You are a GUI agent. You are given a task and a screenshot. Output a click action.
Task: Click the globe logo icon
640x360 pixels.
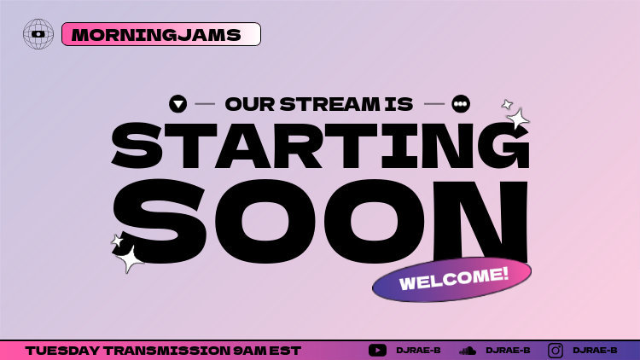(38, 34)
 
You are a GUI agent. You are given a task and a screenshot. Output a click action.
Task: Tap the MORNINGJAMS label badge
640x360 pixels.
(161, 34)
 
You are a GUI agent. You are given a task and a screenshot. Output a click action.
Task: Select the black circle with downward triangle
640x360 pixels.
(177, 104)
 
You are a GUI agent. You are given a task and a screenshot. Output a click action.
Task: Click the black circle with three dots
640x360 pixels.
(461, 104)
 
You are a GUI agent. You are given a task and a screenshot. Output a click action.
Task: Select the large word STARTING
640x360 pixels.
(320, 146)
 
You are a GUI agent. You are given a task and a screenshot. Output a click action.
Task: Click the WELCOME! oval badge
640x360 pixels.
(452, 279)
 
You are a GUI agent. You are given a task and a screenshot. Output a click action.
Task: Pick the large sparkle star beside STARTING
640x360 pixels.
(517, 119)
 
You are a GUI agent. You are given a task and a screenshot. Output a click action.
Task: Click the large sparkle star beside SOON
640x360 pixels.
(129, 258)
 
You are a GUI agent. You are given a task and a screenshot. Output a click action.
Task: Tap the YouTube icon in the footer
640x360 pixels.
(377, 350)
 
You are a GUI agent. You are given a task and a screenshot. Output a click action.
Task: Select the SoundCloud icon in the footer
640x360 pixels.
(467, 350)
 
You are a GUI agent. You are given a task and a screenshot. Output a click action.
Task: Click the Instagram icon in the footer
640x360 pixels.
(556, 350)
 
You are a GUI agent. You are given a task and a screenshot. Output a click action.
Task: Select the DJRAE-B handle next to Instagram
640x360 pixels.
(595, 351)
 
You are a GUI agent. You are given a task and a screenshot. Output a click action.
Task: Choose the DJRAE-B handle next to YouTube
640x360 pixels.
(418, 351)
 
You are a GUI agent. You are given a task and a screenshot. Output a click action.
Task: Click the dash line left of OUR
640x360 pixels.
(205, 104)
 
